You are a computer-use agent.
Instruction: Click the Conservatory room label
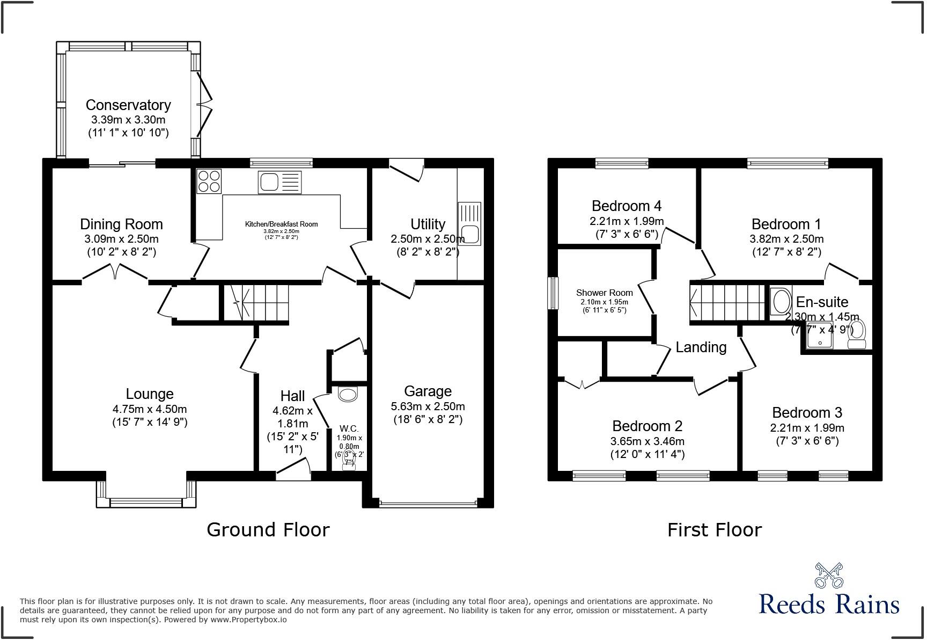[x=128, y=105]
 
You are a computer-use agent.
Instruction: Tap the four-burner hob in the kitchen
[x=209, y=181]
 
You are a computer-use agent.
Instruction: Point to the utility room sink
[x=469, y=224]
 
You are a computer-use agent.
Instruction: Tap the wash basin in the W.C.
[x=348, y=395]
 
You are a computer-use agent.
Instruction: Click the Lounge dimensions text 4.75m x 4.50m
[x=150, y=409]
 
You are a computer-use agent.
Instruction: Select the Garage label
[x=428, y=391]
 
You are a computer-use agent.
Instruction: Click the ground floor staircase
[x=256, y=303]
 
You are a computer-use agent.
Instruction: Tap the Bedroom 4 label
[x=626, y=206]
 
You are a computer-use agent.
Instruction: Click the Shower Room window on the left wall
[x=553, y=293]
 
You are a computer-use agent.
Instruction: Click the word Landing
[x=701, y=347]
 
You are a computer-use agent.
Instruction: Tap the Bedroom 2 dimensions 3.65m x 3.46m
[x=647, y=441]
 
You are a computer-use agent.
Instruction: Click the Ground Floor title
[x=268, y=530]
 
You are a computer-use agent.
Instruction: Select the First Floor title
[x=714, y=530]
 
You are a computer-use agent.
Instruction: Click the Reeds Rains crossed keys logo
[x=829, y=575]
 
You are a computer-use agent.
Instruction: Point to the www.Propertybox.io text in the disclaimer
[x=248, y=620]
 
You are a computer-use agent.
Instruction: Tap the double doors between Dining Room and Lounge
[x=115, y=273]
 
